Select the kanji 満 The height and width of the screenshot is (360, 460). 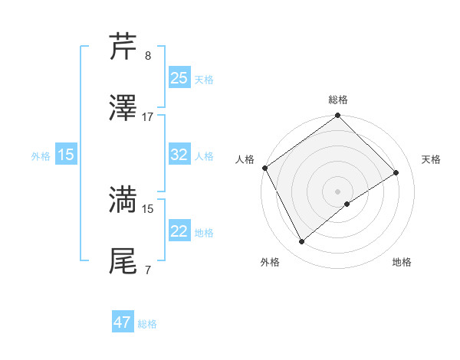[x=123, y=200]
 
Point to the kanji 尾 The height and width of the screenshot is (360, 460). [x=123, y=261]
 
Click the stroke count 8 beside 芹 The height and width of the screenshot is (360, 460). [x=148, y=56]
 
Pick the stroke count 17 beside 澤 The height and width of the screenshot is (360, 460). [x=148, y=117]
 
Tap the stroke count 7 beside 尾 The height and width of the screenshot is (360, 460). [x=148, y=270]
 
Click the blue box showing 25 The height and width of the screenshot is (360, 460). [x=179, y=78]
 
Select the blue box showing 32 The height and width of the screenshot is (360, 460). [x=179, y=155]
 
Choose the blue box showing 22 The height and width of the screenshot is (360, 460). [x=179, y=231]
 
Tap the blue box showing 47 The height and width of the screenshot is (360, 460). [x=123, y=322]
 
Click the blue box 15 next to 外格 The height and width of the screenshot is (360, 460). [x=66, y=155]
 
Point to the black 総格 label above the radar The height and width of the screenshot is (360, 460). [x=338, y=100]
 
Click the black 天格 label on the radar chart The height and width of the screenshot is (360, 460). [x=431, y=159]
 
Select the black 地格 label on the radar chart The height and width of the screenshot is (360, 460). [x=402, y=262]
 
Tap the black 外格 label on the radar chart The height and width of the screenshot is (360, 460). [x=270, y=262]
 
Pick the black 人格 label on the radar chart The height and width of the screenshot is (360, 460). [x=245, y=159]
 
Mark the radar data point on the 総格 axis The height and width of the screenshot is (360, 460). [x=338, y=116]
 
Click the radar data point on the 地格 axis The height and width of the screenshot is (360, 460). [x=347, y=204]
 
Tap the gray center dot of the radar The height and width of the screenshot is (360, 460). [x=338, y=191]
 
